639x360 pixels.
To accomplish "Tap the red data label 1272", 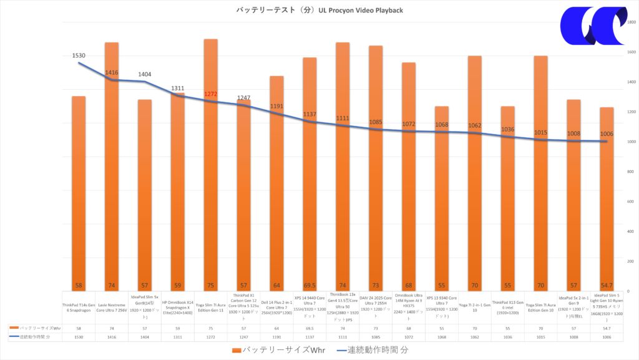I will (211, 94).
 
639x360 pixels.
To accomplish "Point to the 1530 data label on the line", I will (79, 56).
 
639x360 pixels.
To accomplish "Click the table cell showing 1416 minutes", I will (112, 336).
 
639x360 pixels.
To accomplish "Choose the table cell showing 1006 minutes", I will (607, 336).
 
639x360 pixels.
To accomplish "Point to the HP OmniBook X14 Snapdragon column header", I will (178, 308).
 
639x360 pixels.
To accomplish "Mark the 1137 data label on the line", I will (310, 114).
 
